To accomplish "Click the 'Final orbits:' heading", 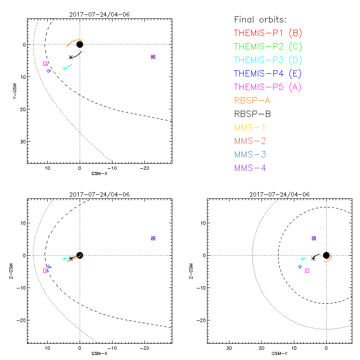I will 260,19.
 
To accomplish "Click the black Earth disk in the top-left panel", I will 80,44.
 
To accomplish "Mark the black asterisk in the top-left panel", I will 71,57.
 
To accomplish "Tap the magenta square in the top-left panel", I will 45,63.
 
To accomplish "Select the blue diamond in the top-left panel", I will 49,71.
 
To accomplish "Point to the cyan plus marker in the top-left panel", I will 64,68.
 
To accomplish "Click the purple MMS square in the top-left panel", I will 153,57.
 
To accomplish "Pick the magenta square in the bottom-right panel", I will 307,270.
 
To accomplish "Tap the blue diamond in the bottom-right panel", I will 300,266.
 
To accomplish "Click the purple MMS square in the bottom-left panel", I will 153,238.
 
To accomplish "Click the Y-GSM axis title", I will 15,90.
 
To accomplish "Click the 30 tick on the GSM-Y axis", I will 229,348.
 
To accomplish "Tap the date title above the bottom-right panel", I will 279,194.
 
